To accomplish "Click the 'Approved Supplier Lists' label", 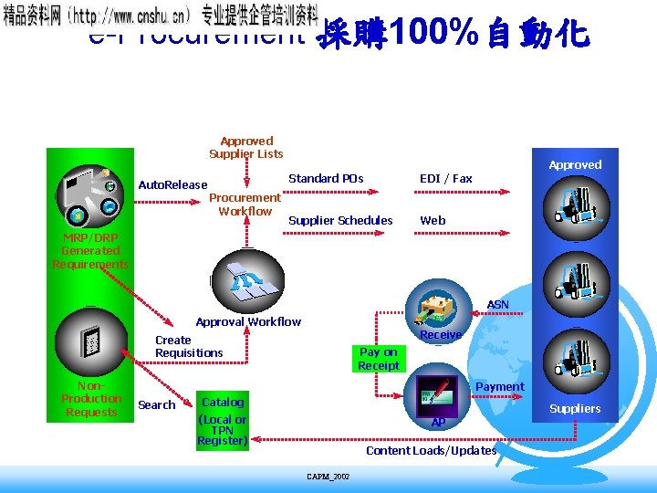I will pos(246,148).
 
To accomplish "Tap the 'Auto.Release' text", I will pos(172,185).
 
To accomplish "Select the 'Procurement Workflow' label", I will pos(245,205).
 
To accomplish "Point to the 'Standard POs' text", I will pos(326,179).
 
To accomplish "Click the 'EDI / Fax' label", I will pos(445,179).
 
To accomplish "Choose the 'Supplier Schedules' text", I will pos(340,220).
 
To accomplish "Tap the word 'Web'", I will pos(433,220).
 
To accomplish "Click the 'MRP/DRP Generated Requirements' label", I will pos(90,251).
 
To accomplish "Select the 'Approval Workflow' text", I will pos(248,321).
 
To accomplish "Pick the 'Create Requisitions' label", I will pos(189,346).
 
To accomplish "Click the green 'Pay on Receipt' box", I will pos(379,359).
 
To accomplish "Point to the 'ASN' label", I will pos(498,304).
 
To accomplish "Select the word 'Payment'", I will pos(500,387).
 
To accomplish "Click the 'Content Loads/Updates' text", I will pos(431,451).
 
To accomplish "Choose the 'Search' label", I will pos(156,405).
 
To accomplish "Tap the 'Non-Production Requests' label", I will pos(90,399).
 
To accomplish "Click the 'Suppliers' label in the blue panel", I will pos(575,409).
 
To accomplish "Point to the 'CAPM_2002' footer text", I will pos(328,477).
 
